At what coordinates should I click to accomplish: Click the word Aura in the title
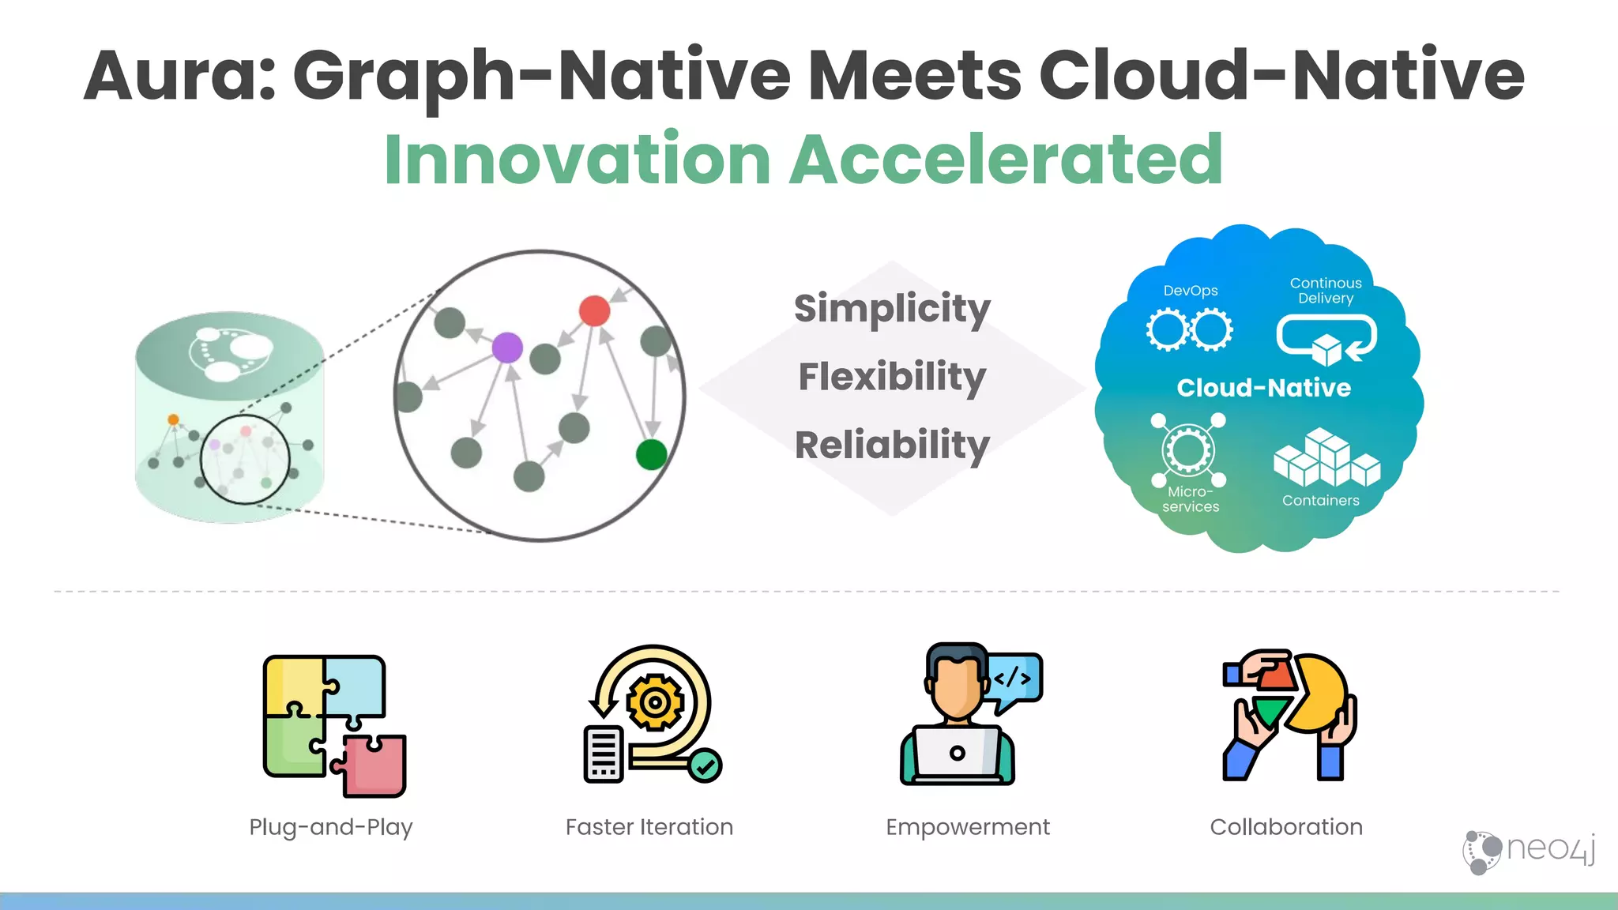pos(179,77)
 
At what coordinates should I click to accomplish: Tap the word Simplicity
pos(892,308)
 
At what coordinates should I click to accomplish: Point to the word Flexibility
pos(892,377)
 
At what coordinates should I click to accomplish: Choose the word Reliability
pos(892,446)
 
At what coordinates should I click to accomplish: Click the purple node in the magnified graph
pos(507,347)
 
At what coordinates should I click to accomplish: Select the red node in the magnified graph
pos(594,311)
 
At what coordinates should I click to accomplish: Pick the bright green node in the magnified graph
pos(651,454)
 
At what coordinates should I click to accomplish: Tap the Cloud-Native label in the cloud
pos(1263,388)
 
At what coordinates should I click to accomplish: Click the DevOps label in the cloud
pos(1190,291)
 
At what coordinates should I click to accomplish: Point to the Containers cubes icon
pos(1326,458)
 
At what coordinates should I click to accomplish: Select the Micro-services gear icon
pos(1188,450)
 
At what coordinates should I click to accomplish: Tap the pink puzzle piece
pos(371,765)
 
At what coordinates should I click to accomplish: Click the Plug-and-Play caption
pos(331,827)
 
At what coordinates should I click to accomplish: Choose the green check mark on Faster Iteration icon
pos(705,765)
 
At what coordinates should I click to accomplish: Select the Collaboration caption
pos(1286,827)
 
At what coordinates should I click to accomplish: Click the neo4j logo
pos(1529,851)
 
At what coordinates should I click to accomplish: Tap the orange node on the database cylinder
pos(173,419)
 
